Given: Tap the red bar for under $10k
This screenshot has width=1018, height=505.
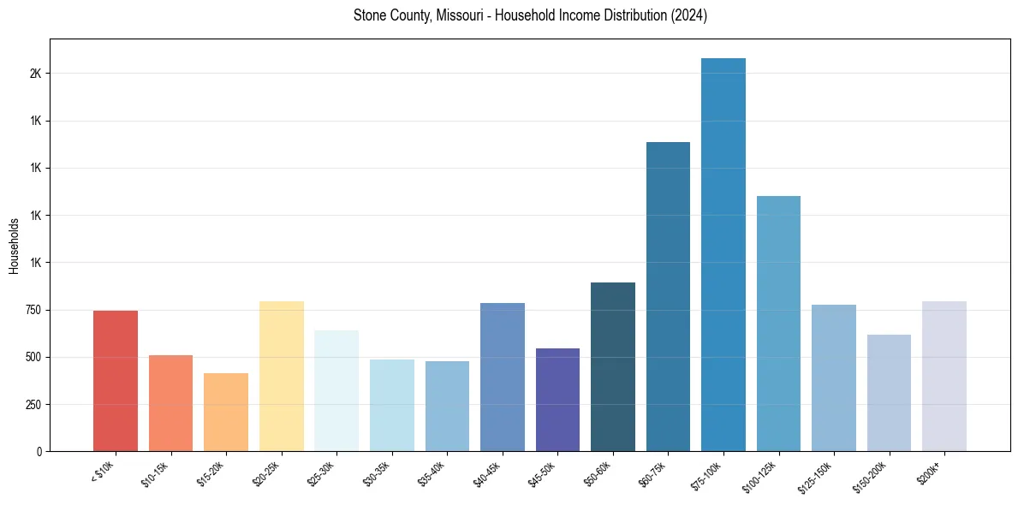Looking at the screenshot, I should (116, 381).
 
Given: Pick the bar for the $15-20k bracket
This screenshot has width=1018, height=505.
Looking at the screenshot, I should (226, 412).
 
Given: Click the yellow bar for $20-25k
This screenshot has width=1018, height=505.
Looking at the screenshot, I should (282, 376).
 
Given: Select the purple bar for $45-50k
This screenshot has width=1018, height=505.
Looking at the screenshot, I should (557, 400).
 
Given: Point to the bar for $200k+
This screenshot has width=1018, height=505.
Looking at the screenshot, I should (944, 376).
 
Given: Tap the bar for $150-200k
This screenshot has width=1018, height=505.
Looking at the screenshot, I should (889, 393).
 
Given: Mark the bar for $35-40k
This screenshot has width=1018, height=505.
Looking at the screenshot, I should (447, 406).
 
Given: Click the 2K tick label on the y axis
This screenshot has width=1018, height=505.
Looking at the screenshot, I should (35, 74).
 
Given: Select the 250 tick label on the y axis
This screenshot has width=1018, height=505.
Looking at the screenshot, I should (33, 404).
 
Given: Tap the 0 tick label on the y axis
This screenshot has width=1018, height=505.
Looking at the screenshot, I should (39, 451).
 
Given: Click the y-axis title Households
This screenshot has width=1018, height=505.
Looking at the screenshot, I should (14, 246).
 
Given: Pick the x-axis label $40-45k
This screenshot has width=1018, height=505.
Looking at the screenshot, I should (486, 473).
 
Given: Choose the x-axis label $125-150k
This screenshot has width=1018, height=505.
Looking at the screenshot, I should (814, 477).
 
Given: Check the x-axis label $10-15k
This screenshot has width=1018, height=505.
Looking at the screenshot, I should (155, 473).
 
